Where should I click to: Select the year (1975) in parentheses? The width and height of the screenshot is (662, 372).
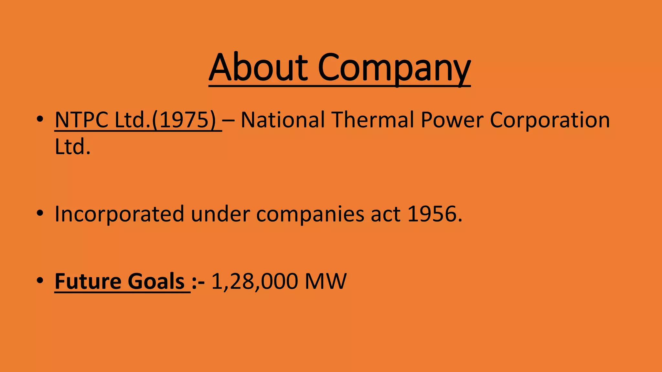click(184, 120)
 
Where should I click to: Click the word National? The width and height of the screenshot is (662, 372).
click(283, 120)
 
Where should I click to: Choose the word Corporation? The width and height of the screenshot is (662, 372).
click(550, 120)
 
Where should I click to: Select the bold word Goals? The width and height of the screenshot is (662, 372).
click(156, 281)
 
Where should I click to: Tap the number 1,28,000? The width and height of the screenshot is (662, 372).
click(254, 281)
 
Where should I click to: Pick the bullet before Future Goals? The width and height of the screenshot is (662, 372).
click(40, 281)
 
